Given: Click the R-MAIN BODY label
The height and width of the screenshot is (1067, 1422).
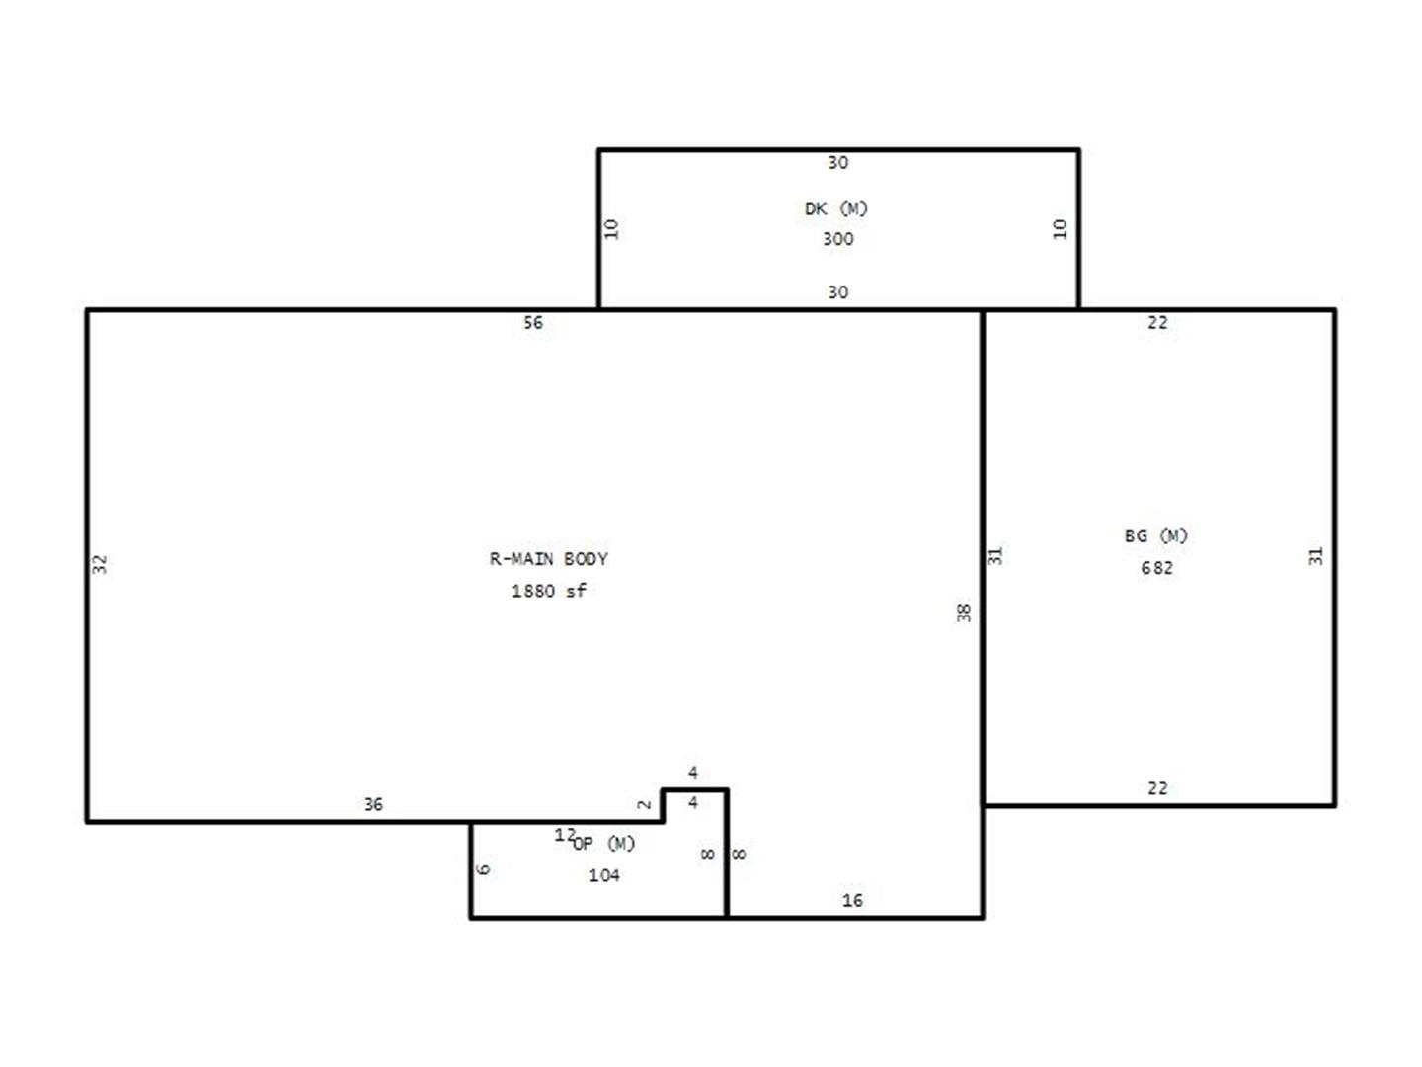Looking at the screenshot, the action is tap(548, 559).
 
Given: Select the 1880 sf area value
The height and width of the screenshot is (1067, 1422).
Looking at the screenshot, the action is tap(548, 591).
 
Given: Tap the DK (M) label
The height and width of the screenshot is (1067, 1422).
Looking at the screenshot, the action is tap(835, 208).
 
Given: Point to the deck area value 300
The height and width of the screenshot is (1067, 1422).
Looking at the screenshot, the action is tap(837, 239).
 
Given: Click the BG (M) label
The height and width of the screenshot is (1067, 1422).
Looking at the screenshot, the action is tap(1155, 535).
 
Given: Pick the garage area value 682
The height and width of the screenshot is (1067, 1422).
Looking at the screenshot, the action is tap(1156, 568).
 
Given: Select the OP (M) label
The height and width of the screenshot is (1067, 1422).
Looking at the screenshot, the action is tap(603, 844).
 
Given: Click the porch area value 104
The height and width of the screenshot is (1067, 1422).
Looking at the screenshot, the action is tap(603, 876).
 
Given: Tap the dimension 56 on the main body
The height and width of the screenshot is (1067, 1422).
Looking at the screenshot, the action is tap(532, 323).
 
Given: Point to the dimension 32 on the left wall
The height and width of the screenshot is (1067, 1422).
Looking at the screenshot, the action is tap(99, 564).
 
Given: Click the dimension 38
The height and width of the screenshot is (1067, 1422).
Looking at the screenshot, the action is tap(964, 613).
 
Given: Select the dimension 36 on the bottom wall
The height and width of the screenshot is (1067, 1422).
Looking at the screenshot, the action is tap(373, 804).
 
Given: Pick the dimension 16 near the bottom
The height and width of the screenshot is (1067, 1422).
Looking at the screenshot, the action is tap(852, 900).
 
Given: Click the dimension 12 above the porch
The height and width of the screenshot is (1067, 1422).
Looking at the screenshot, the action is tap(564, 835).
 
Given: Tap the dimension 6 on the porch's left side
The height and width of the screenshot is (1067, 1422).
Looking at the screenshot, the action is tap(483, 869).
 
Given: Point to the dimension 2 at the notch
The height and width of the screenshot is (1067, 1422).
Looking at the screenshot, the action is tap(644, 804).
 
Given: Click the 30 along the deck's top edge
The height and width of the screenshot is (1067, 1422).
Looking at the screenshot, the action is tap(837, 163).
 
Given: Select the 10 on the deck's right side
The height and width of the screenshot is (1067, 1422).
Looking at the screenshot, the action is tap(1060, 228).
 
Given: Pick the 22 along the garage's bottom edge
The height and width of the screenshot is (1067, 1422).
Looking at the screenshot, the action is tap(1157, 789).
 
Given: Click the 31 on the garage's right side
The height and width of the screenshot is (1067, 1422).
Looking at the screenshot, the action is tap(1315, 556).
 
